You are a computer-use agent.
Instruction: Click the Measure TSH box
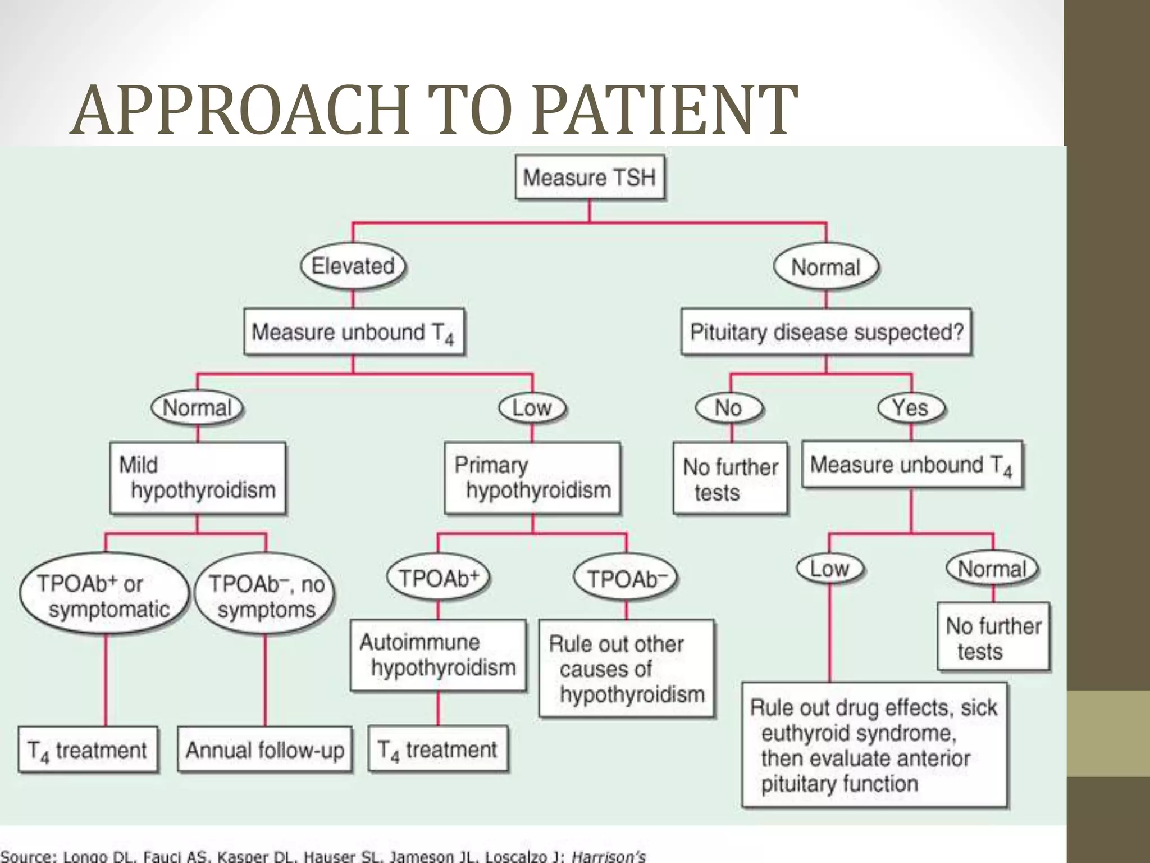[x=590, y=178]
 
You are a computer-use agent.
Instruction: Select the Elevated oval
[x=353, y=266]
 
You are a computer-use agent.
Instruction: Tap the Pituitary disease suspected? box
[x=826, y=332]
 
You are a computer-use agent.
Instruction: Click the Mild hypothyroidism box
[x=198, y=478]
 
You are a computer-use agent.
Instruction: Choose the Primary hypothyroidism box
[x=532, y=478]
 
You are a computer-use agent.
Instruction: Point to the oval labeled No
[x=728, y=408]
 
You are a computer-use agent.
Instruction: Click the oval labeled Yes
[x=910, y=408]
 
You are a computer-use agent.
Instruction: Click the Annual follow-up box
[x=264, y=750]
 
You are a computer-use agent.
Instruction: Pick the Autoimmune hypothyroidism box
[x=438, y=655]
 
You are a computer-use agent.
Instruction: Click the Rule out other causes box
[x=626, y=669]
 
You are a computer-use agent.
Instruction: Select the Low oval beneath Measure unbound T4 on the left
[x=532, y=408]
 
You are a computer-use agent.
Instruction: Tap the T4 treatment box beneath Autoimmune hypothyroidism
[x=438, y=750]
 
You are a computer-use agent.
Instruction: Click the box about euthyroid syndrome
[x=874, y=745]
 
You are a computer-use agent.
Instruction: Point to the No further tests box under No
[x=730, y=479]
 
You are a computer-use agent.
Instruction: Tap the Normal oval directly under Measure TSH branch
[x=825, y=267]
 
